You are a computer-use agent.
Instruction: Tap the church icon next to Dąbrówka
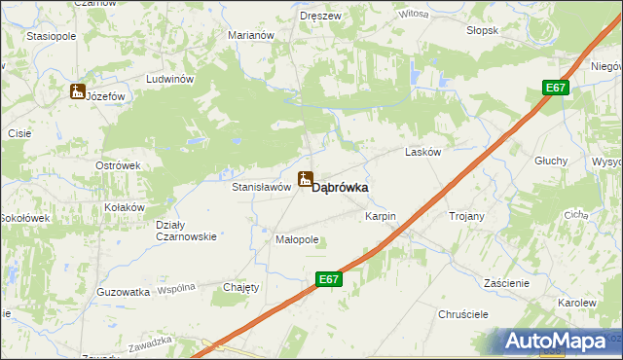(x=306, y=179)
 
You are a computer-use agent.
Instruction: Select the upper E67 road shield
(x=555, y=89)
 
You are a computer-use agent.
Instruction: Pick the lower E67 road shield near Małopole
(x=329, y=279)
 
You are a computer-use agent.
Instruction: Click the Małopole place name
(x=297, y=238)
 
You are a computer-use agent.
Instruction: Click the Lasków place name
(x=422, y=153)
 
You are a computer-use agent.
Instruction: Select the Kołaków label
(x=125, y=207)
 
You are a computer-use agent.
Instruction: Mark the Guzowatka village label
(x=124, y=291)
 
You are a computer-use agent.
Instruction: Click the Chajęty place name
(x=241, y=287)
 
